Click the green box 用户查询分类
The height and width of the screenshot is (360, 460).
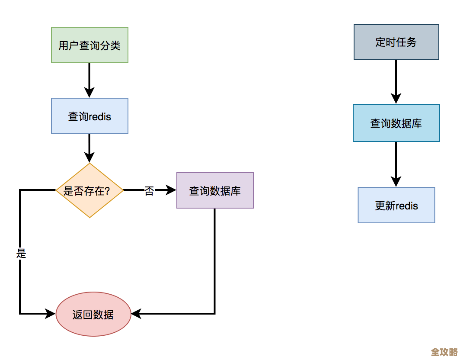tap(89, 45)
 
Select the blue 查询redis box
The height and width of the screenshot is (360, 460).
tap(89, 116)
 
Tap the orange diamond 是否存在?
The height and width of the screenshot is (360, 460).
tap(89, 190)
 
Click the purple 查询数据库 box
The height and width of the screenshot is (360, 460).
tap(215, 190)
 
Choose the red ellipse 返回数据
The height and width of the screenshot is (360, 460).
tap(93, 314)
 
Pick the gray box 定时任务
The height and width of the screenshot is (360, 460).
tap(396, 42)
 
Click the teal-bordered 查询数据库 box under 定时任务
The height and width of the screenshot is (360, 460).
tap(396, 123)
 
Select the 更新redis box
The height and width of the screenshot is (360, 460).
tap(396, 205)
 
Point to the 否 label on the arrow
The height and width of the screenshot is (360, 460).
tap(149, 191)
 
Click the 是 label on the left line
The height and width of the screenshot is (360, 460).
tap(21, 254)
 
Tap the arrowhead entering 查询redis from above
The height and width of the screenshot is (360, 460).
tap(89, 92)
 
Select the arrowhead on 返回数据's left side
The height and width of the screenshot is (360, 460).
tap(51, 314)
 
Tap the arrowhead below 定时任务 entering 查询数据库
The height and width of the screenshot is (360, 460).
tap(396, 98)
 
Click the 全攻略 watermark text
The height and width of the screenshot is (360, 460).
tap(444, 351)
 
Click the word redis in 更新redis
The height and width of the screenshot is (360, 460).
tap(406, 206)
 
